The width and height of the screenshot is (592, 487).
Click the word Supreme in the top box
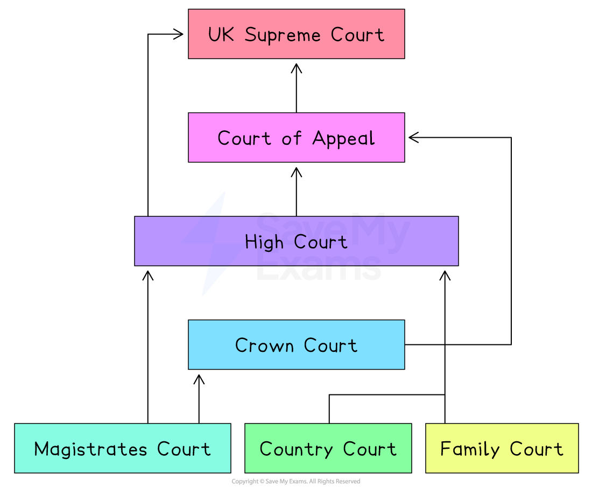283,36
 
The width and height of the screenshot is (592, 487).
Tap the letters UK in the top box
221,34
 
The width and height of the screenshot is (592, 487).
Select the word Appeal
343,139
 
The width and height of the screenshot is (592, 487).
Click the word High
264,242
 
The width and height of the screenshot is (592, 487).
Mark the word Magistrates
90,449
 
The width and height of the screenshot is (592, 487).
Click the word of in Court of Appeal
292,139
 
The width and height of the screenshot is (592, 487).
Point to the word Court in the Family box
536,449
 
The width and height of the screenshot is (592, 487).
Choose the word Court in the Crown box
330,345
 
